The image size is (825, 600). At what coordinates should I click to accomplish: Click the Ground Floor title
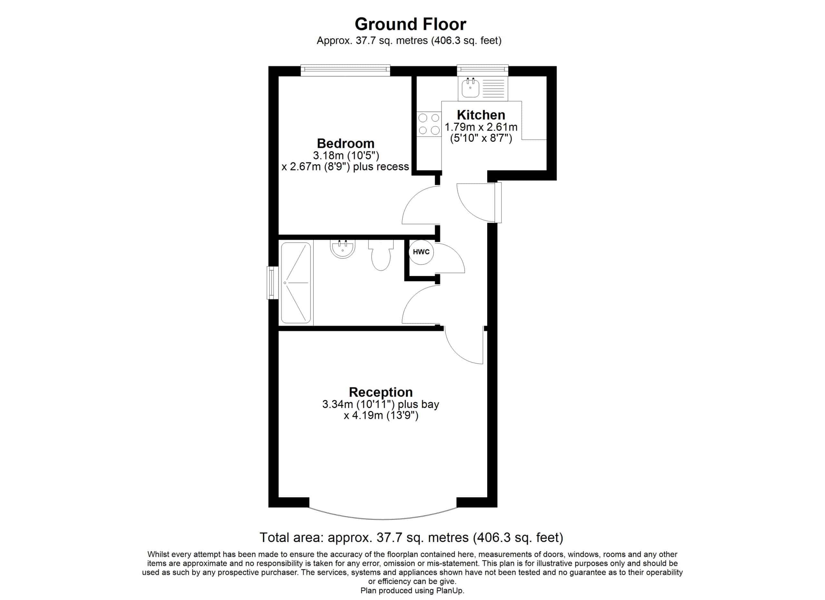(410, 24)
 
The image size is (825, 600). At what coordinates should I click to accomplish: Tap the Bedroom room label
(345, 143)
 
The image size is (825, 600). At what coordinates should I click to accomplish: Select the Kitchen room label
(481, 115)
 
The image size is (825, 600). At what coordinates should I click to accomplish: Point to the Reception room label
(381, 392)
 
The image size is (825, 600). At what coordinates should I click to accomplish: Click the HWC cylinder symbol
(421, 252)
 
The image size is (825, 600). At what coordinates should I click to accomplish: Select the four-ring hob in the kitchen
(429, 124)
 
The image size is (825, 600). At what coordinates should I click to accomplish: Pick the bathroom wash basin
(342, 249)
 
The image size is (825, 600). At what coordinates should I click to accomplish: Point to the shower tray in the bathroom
(296, 283)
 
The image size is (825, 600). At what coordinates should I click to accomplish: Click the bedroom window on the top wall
(345, 70)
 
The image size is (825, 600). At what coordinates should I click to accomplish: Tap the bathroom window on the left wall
(272, 283)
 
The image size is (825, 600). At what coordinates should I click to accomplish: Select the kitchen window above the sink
(482, 70)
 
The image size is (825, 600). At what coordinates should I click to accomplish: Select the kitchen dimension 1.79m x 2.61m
(481, 127)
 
